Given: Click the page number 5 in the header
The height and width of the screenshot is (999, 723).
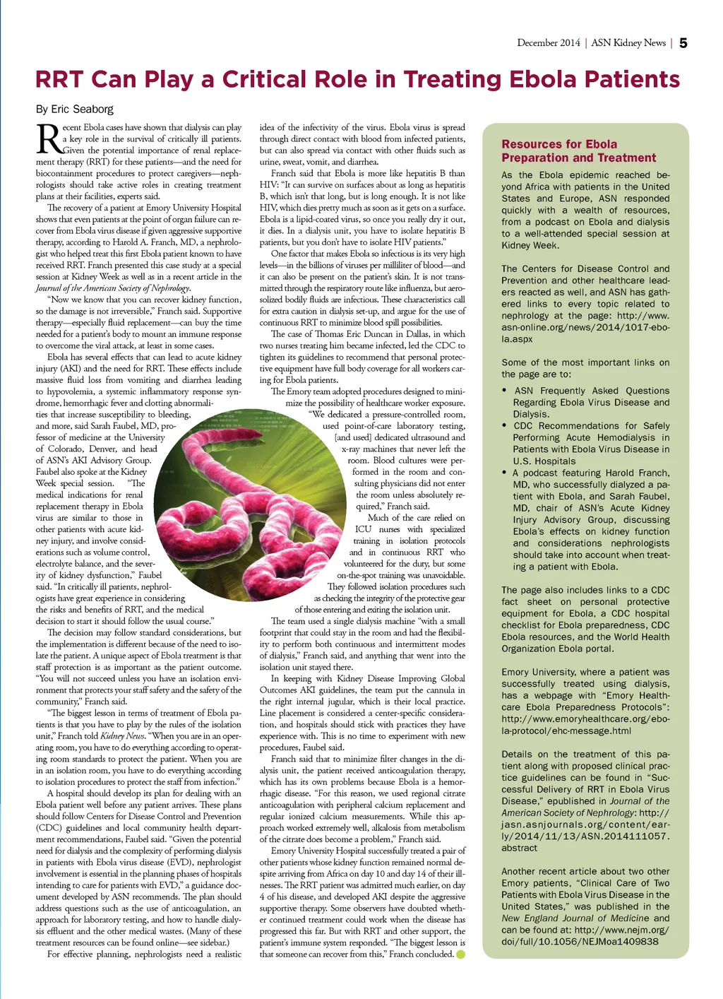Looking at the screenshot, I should [683, 43].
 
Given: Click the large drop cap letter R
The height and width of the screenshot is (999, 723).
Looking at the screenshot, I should [49, 139].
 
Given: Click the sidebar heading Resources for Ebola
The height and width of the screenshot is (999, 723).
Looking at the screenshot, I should [559, 144].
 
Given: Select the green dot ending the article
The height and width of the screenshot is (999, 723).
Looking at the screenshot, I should [461, 954].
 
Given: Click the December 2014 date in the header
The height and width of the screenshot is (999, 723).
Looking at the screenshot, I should [548, 43].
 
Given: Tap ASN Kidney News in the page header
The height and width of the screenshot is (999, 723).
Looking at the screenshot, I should [628, 43].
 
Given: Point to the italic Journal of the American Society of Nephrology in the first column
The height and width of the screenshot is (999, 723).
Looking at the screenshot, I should [113, 288].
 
